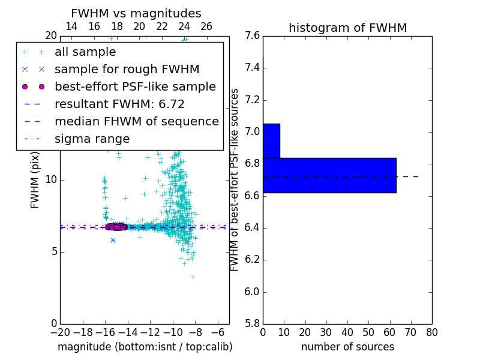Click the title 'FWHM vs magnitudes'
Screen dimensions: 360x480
pos(136,13)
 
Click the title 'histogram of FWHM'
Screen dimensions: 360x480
pos(347,28)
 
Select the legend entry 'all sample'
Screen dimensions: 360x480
pos(85,52)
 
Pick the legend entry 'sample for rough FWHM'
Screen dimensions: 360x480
pos(127,69)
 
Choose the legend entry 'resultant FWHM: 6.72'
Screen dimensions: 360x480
pos(119,104)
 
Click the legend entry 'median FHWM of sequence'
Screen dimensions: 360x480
pos(136,121)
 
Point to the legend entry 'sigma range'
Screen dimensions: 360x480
pos(92,139)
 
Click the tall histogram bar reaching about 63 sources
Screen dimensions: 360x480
pos(329,175)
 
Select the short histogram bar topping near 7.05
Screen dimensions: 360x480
pos(271,141)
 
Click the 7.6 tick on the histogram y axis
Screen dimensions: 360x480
pos(252,35)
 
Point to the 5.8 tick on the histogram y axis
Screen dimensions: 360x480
pos(252,324)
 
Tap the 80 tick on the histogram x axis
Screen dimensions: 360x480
pos(431,332)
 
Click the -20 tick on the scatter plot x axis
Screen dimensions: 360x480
pos(60,332)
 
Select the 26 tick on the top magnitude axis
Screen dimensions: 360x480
pos(206,26)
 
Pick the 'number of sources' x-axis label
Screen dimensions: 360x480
pos(347,347)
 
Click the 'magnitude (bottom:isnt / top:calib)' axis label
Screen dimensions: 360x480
pos(145,347)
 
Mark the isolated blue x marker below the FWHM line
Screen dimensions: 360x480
pos(113,240)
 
